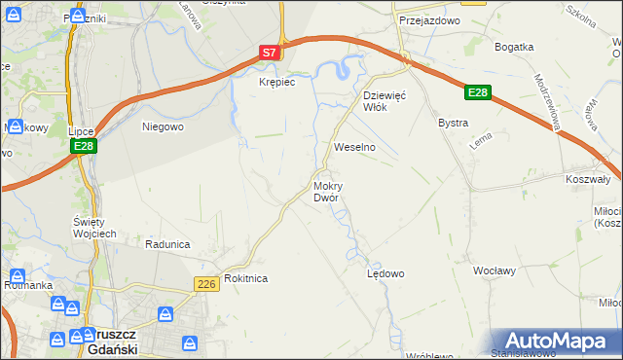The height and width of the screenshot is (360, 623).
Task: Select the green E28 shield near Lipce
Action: (83, 146)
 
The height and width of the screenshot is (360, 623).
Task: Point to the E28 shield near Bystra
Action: (476, 92)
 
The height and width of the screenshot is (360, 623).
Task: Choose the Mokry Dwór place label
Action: (326, 192)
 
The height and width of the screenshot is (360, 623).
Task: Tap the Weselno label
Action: (354, 147)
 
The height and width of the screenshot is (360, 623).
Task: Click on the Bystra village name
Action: (454, 124)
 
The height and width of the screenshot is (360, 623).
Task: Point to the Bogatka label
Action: (514, 47)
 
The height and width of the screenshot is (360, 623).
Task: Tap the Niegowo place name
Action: (163, 126)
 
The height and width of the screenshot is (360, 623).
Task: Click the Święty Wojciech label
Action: (95, 228)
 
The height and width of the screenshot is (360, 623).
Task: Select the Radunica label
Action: (165, 244)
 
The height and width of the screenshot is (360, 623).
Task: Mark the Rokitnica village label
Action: (245, 278)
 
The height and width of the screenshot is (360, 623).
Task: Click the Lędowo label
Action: (385, 273)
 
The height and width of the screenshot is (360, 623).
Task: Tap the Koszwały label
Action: (587, 179)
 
